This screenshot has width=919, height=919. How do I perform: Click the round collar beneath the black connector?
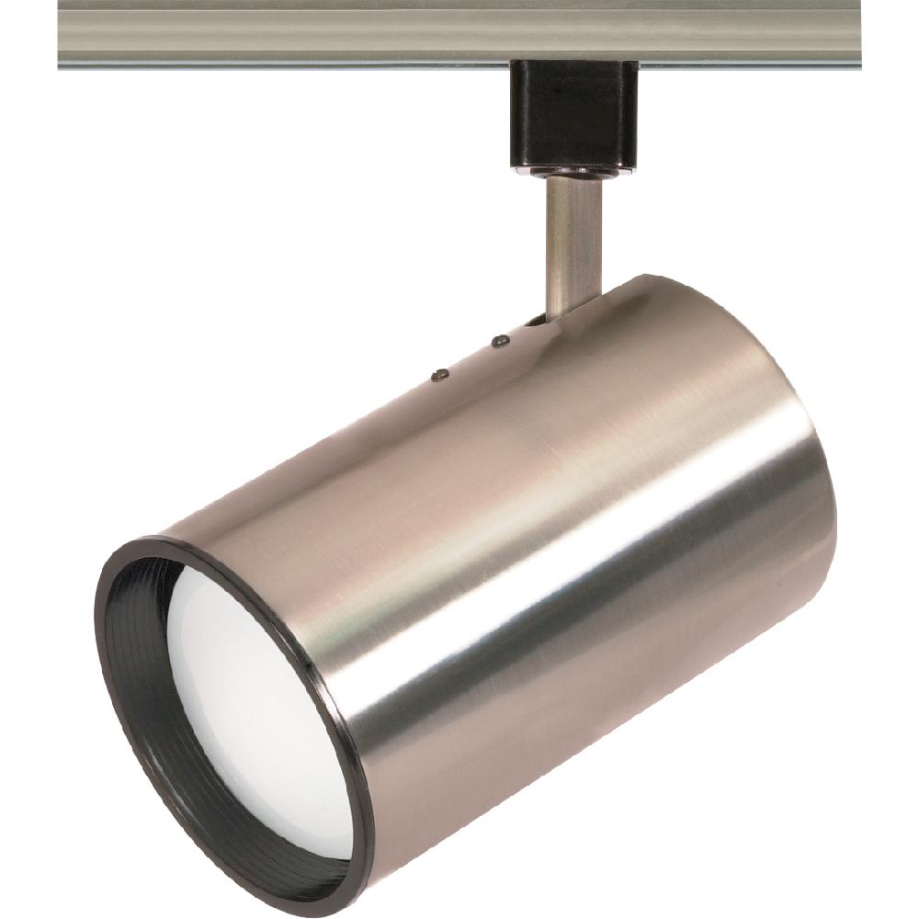tap(574, 171)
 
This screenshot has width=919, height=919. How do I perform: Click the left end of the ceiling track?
tap(62, 35)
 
